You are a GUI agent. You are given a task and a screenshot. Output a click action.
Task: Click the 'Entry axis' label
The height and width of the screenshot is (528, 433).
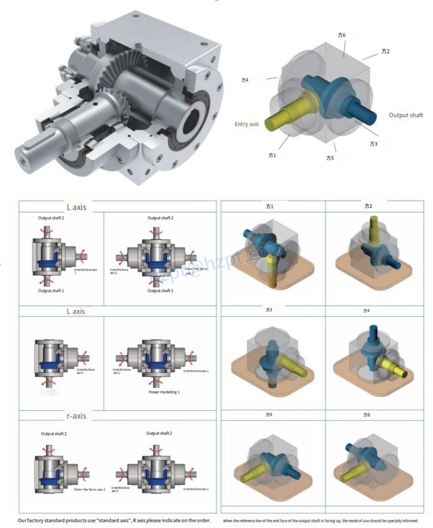[x=246, y=124]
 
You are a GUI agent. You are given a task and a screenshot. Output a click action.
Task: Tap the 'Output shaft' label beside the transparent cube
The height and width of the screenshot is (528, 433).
[x=406, y=115]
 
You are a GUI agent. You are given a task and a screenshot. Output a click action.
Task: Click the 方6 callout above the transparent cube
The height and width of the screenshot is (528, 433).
[x=341, y=35]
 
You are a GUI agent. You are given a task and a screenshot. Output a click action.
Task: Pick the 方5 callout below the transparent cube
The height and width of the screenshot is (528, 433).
[x=330, y=158]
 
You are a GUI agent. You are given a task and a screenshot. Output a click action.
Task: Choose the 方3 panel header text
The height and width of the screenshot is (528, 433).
[x=269, y=310]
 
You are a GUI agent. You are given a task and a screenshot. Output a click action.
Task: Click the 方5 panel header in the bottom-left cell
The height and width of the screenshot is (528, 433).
[x=269, y=415]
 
